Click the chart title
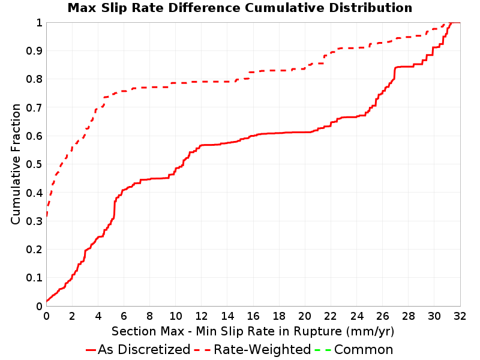point(240,8)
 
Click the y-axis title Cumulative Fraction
point(16,164)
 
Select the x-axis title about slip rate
point(253,331)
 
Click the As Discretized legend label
point(144,349)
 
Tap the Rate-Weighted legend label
point(262,349)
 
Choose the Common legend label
point(364,349)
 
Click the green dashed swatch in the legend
point(323,350)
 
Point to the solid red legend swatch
point(91,350)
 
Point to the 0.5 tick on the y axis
point(34,164)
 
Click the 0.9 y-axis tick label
point(34,51)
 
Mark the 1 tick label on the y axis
point(39,23)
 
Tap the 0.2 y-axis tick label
point(34,250)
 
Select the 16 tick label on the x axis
point(253,316)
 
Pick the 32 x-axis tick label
point(460,316)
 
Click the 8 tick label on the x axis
point(149,316)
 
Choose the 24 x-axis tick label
point(356,316)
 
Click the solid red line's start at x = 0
point(47,302)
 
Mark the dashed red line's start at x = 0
point(47,217)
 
